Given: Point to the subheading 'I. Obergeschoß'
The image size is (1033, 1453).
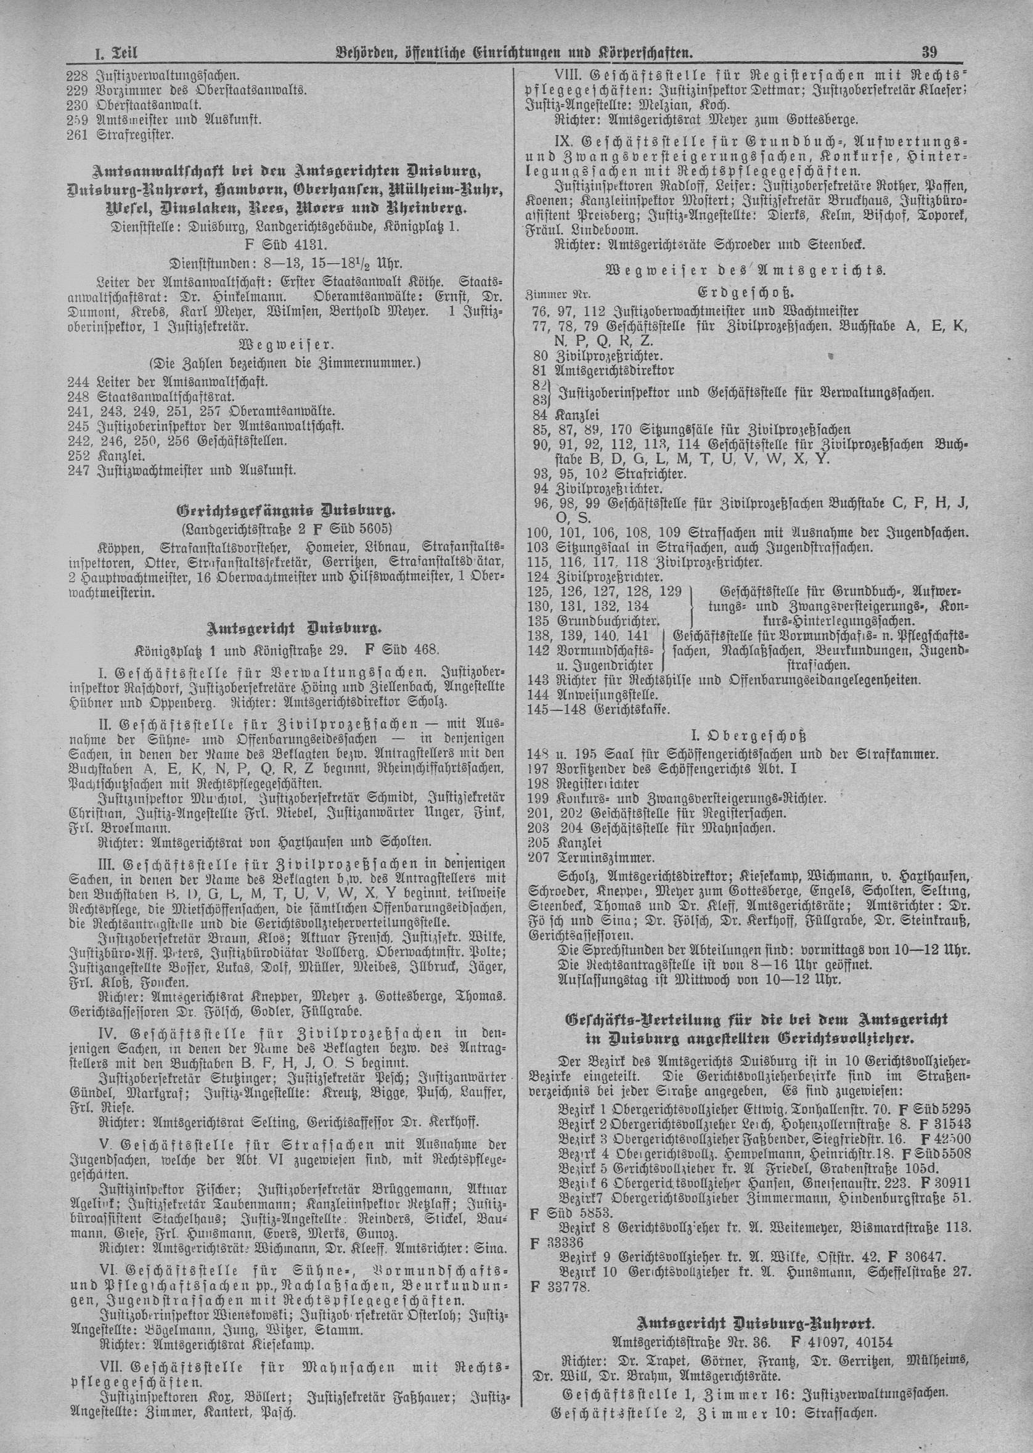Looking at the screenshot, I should click(x=749, y=738).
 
